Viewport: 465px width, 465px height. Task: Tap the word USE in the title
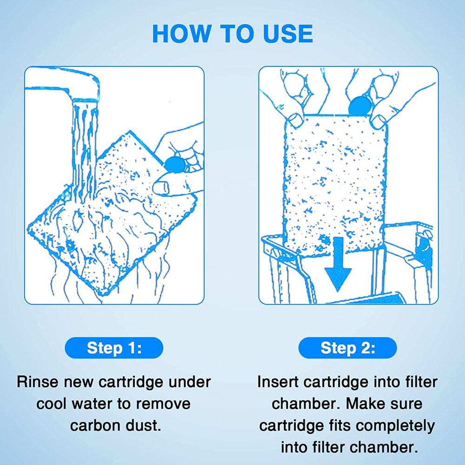click(284, 33)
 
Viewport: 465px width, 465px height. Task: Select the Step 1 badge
click(114, 348)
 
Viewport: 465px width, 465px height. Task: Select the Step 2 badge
click(347, 348)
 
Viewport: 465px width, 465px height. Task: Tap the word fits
click(346, 425)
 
